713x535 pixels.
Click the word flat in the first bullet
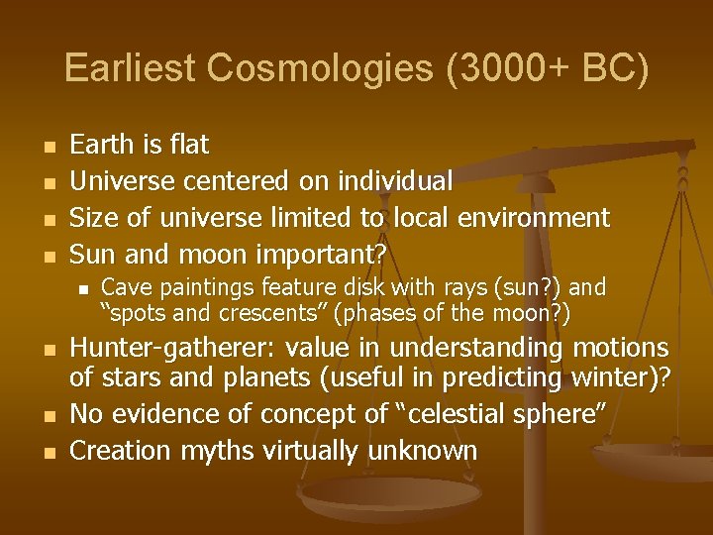point(189,145)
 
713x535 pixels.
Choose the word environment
point(528,218)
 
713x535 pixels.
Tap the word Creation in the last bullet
point(114,451)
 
